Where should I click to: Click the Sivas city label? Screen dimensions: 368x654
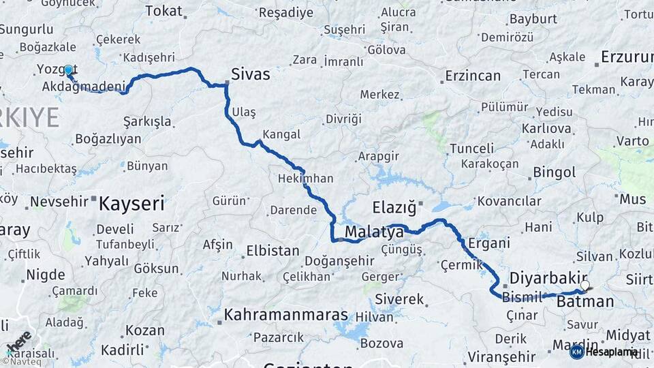point(250,74)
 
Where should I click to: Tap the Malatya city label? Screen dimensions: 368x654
point(374,233)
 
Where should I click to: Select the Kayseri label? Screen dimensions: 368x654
point(132,202)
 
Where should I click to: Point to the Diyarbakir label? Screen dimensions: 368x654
point(544,278)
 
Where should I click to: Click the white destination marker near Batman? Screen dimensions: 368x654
point(585,286)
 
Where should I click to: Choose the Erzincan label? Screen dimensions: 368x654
point(473,76)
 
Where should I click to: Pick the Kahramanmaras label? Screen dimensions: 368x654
point(286,316)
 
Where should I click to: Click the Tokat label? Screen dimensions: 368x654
point(164,11)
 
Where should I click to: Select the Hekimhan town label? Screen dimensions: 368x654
point(306,179)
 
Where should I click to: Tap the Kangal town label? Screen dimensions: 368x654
point(281,134)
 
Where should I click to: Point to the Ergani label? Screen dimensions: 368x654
point(489,243)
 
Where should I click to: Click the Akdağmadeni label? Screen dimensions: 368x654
point(84,87)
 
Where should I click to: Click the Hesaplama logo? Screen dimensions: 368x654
point(604,352)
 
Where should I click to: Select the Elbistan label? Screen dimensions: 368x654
point(272,250)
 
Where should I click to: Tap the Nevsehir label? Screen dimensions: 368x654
point(60,202)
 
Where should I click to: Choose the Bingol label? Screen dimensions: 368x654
point(555,172)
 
